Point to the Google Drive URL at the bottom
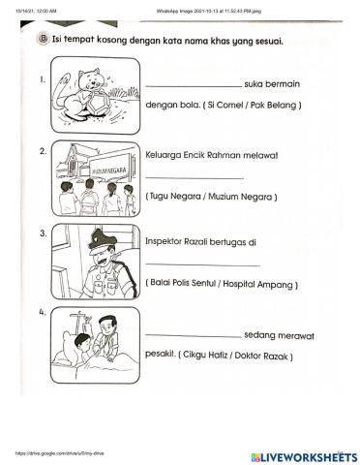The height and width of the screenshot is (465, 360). (x=44, y=452)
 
